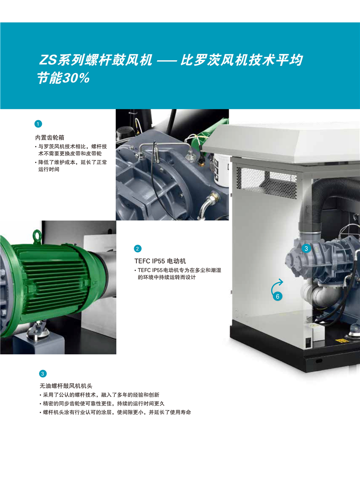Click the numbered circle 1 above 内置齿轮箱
point(38,124)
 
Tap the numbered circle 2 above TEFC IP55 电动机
point(138,249)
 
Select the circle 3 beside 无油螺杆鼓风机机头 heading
point(43,374)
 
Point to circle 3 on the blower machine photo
point(306,249)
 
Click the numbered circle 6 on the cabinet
point(278,296)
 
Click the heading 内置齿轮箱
point(50,138)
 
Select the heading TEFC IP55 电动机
point(160,261)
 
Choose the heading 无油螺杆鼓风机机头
point(66,386)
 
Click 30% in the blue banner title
point(76,78)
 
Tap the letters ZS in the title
point(48,60)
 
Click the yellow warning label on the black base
point(342,340)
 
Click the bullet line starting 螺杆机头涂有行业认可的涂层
point(115,412)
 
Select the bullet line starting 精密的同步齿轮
point(102,403)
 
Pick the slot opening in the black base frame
point(319,361)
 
